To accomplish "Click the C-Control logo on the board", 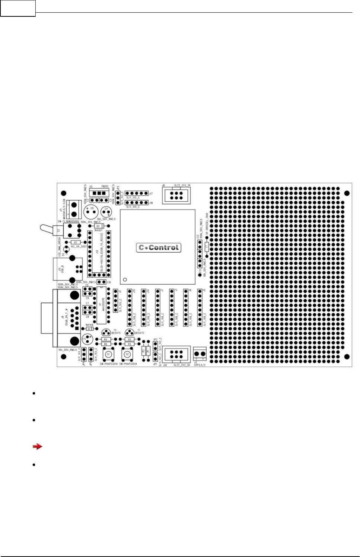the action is pos(159,247).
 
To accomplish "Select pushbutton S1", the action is pos(108,354).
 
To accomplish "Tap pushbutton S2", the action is pos(127,354).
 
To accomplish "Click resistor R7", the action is pos(76,242).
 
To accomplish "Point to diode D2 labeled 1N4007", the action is pos(98,226).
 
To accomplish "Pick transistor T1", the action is pos(130,332).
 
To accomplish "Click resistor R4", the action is pos(106,340).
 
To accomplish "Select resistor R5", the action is pos(129,340).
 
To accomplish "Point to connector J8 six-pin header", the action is pos(176,195).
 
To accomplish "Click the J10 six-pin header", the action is pos(176,354).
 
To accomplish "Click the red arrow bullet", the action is pos(37,446).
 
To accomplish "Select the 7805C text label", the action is pos(104,186).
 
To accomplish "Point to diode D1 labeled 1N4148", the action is pos(89,329).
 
